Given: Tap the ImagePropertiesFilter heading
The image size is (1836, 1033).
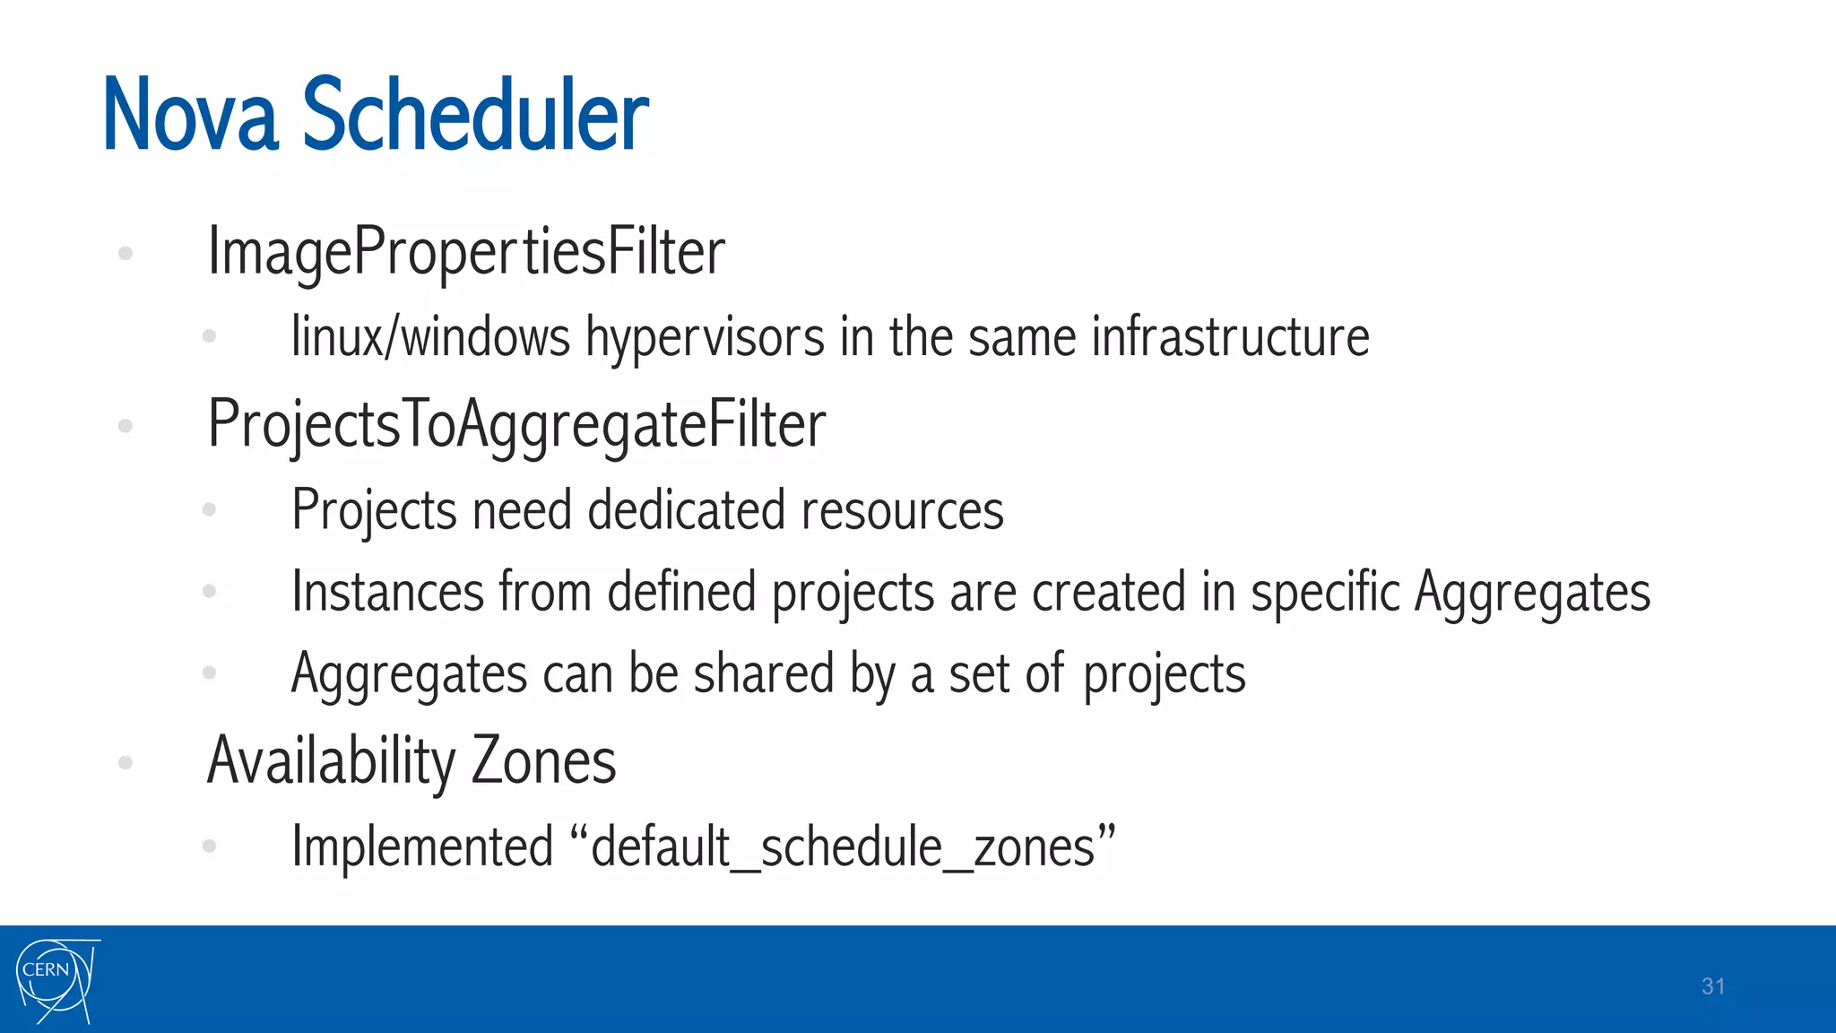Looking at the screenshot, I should pos(466,254).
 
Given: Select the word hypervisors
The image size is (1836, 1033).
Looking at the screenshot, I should pos(705,339).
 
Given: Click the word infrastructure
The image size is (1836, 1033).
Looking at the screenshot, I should pos(1230,337).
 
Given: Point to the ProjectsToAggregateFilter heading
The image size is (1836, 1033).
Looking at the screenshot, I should pos(516,426).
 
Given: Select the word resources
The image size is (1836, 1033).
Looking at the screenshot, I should pos(902,511).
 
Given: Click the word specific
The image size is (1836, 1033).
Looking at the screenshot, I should pos(1324,593).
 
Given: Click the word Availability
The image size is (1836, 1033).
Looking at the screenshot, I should pos(331,761).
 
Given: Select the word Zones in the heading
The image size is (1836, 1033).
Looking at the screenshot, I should pos(543,760).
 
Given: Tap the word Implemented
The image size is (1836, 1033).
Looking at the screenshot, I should pos(422,846).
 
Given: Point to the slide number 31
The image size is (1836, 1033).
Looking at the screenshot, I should pos(1713,986).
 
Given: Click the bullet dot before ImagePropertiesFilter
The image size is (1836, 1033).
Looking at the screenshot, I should pos(126,254).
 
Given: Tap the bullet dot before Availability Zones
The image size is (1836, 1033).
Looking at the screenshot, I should pos(126,763).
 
